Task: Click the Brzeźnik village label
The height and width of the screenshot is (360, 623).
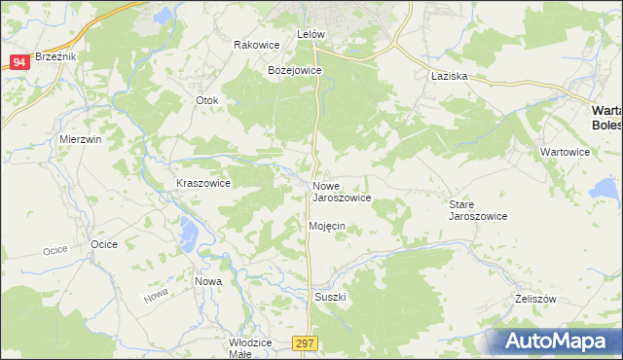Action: click(x=55, y=56)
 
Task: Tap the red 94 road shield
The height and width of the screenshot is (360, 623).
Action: click(x=19, y=62)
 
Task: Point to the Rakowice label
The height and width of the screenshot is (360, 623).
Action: click(x=257, y=45)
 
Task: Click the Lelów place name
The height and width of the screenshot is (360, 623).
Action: click(x=310, y=34)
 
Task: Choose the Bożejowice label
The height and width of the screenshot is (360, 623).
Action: click(x=294, y=71)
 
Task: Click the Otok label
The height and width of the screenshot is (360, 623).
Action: click(x=207, y=100)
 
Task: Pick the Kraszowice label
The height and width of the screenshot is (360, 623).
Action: click(x=202, y=183)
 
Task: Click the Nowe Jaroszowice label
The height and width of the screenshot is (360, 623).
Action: click(x=341, y=192)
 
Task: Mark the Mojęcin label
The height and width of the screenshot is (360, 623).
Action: click(x=327, y=226)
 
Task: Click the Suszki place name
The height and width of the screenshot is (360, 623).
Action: click(x=330, y=296)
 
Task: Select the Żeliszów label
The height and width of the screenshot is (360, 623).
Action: click(x=534, y=300)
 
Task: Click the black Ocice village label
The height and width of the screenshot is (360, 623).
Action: click(x=103, y=243)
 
